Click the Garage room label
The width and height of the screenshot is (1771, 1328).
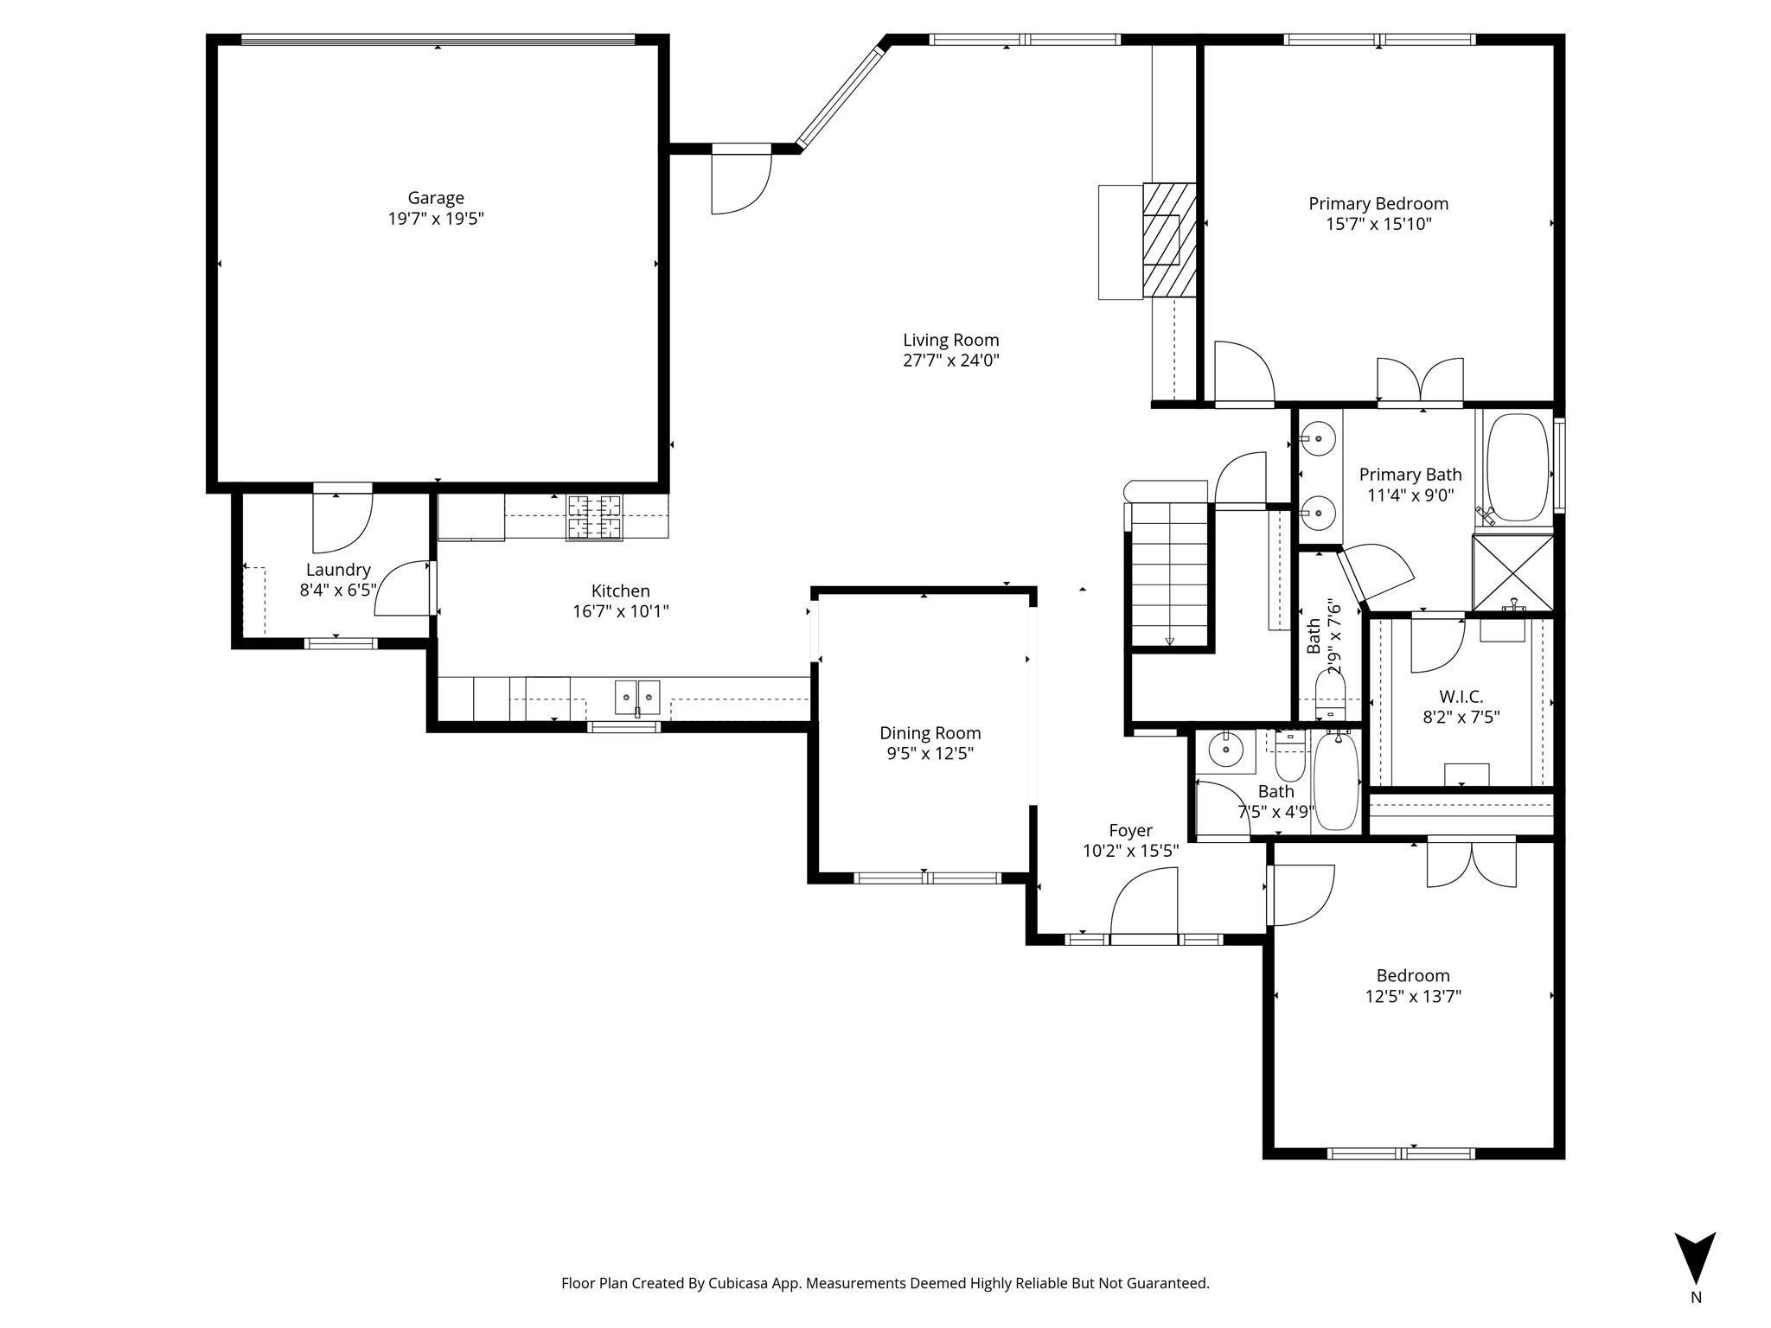tap(436, 198)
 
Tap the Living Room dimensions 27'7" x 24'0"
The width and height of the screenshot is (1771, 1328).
tap(951, 361)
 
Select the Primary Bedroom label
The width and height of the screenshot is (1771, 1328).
tap(1378, 204)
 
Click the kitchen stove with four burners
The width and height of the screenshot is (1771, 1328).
tap(593, 516)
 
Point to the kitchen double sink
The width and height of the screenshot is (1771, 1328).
tap(637, 697)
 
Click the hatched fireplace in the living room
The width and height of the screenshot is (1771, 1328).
tap(1168, 239)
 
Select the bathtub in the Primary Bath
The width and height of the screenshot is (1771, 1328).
tap(1518, 468)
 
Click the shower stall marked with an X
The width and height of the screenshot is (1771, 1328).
tap(1513, 572)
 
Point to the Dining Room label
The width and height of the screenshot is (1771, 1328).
tap(930, 733)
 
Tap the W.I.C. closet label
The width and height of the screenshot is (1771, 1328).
tap(1461, 696)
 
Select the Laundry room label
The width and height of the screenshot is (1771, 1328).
tap(338, 570)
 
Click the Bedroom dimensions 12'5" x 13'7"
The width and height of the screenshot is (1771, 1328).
tap(1413, 996)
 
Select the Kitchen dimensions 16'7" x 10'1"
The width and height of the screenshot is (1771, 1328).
tap(621, 611)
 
